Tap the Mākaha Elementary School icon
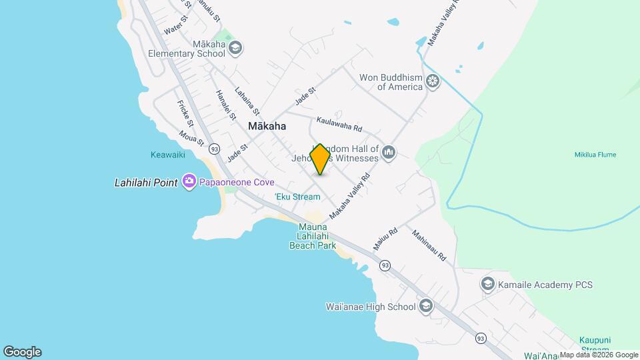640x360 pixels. [x=235, y=48]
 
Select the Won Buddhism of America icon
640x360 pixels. [x=433, y=82]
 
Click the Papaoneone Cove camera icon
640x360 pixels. [x=189, y=181]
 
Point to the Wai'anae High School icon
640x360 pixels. [x=425, y=307]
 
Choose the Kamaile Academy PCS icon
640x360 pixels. [x=488, y=285]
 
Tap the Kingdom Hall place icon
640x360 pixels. [x=389, y=154]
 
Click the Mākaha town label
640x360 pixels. [x=267, y=126]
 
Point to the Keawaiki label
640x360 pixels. [x=168, y=155]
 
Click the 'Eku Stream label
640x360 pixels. [x=297, y=197]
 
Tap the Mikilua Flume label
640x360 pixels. [x=595, y=155]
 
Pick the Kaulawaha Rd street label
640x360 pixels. [x=339, y=124]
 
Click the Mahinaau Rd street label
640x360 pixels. [x=428, y=245]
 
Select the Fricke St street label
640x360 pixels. [x=185, y=113]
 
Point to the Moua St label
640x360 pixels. [x=191, y=137]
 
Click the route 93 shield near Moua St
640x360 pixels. [x=213, y=148]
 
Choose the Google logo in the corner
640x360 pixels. [x=22, y=352]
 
